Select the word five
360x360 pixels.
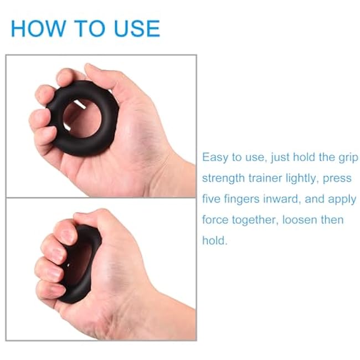click(x=213, y=199)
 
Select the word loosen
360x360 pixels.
click(x=303, y=220)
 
